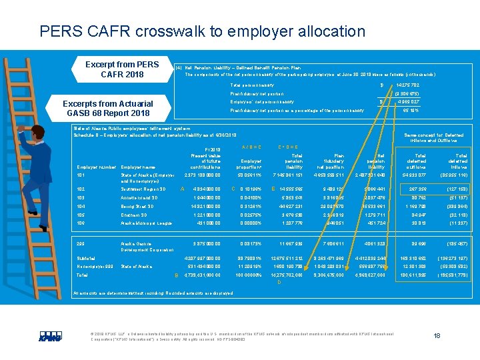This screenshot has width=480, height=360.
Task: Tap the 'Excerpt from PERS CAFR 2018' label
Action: coord(122,69)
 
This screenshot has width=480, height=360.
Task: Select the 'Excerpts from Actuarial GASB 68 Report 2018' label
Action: coord(107,108)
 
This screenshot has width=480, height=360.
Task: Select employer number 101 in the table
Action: coord(82,175)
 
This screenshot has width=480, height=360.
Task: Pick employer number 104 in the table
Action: coord(82,207)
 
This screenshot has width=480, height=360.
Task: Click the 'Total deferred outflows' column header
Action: coord(416,159)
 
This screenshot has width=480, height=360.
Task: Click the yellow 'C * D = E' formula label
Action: coord(288,147)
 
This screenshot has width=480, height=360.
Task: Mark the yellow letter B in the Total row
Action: coord(177,275)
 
